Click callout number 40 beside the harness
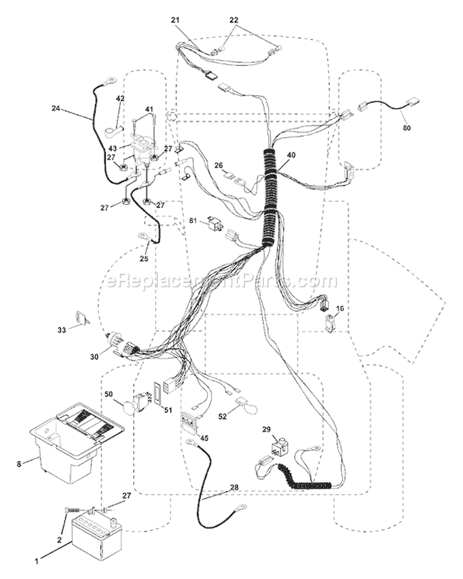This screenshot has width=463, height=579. tap(291, 155)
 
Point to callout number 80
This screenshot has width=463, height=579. tap(407, 128)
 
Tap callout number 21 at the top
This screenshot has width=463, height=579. tap(175, 20)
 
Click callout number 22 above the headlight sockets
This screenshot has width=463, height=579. tap(234, 20)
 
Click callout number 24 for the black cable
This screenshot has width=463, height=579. tap(56, 109)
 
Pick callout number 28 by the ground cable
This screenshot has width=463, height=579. tap(234, 488)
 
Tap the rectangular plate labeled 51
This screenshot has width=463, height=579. tap(157, 394)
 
